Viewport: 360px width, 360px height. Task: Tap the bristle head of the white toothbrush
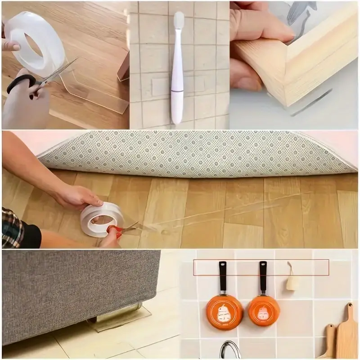point(179,20)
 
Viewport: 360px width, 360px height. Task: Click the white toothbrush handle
point(177,90)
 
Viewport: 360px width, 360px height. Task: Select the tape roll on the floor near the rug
point(102,219)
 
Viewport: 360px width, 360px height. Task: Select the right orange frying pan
point(264,310)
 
